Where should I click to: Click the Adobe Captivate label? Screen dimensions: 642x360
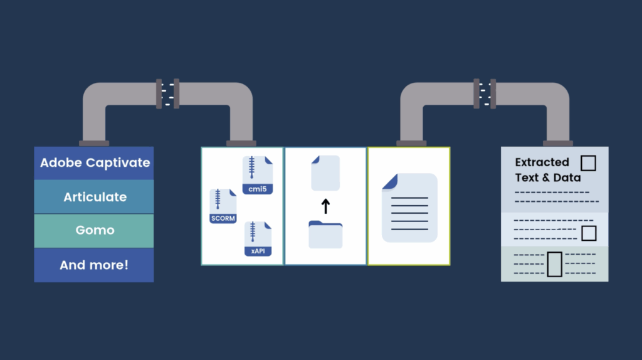(95, 162)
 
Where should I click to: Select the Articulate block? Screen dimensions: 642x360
(94, 196)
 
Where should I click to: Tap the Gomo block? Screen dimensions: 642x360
(94, 231)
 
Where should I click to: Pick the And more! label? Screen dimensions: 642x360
(94, 265)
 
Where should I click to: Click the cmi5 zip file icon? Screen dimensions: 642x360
(258, 175)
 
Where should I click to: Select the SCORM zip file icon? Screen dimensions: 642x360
(223, 206)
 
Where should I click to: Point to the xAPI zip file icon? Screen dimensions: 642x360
(258, 239)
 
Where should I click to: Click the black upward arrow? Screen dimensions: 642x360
(325, 206)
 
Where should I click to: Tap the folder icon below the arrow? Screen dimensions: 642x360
(325, 235)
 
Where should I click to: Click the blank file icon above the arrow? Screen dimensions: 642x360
(325, 173)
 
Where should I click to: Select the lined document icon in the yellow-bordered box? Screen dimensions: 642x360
(409, 208)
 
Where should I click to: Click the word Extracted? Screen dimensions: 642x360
(542, 162)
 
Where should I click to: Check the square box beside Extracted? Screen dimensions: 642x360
(588, 163)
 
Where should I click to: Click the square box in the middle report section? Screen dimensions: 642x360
(589, 233)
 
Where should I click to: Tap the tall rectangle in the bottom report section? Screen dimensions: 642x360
(555, 264)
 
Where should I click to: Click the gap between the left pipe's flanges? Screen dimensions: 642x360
(167, 94)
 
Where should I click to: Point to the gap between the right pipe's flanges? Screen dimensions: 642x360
(485, 94)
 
